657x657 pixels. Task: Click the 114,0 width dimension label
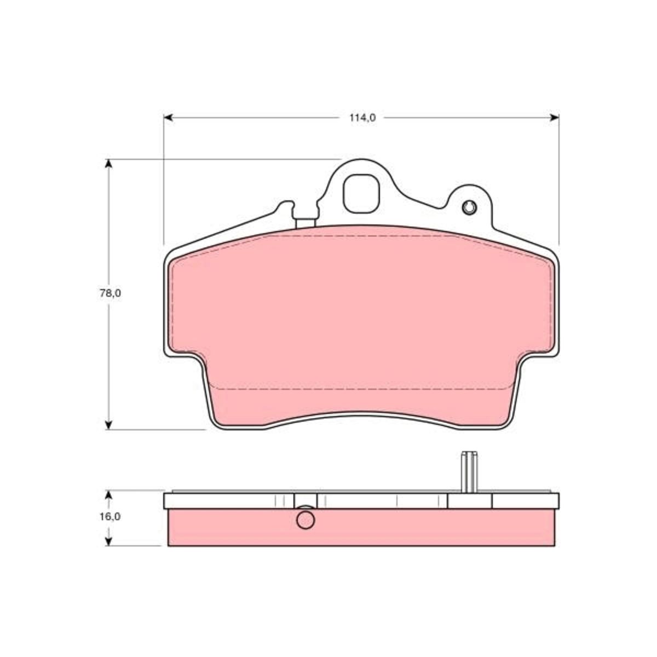coord(362,118)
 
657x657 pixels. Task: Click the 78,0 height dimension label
coord(110,293)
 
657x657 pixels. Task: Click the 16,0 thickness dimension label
coord(110,516)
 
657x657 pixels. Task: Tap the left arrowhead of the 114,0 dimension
coord(169,118)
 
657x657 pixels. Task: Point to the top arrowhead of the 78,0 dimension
coord(108,164)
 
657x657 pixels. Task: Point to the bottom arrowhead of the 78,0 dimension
coord(108,424)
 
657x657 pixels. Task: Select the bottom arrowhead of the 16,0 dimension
coord(108,540)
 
